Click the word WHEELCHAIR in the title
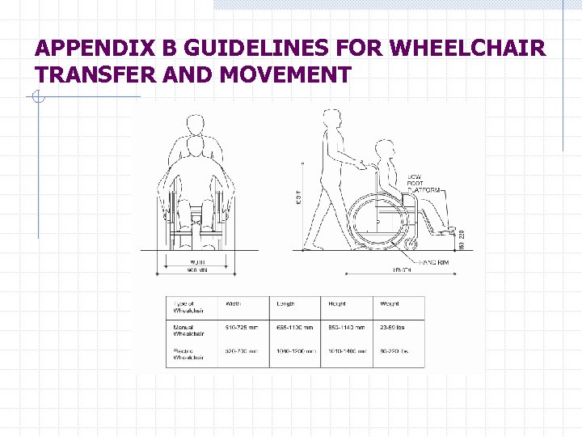coord(467,49)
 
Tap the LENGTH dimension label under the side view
coord(402,271)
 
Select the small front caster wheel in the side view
coord(412,242)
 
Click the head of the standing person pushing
coord(332,119)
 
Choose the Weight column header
coord(390,304)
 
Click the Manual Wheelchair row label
coord(188,331)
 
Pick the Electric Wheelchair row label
coord(188,354)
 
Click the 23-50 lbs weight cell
coord(394,328)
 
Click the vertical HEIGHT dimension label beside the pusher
coord(299,197)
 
